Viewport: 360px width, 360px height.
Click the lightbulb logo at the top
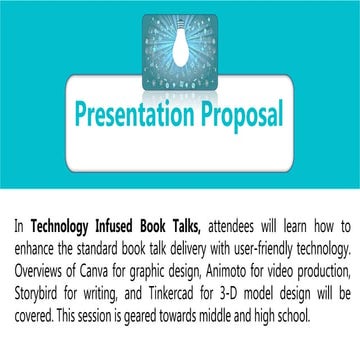(x=179, y=40)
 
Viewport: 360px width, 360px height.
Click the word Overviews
(x=43, y=265)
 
